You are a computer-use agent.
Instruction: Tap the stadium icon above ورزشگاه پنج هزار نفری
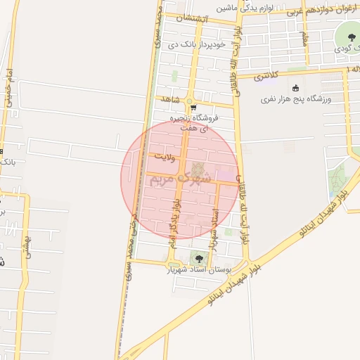[x=295, y=88]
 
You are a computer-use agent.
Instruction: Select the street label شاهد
[x=171, y=99]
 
